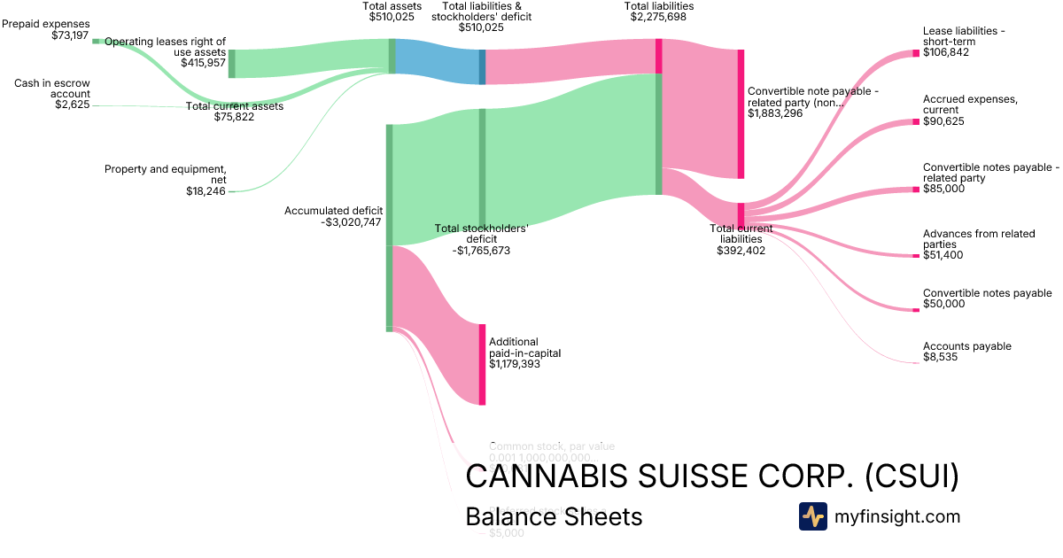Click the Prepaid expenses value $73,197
(x=71, y=35)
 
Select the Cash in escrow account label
(x=51, y=89)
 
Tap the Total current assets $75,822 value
(x=234, y=117)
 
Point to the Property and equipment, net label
(x=166, y=174)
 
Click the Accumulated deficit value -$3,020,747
(x=351, y=222)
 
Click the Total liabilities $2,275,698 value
(x=658, y=18)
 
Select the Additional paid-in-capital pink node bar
(x=482, y=364)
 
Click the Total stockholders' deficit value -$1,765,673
(x=481, y=251)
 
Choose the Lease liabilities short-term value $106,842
(x=946, y=53)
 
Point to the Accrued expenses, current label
(x=970, y=105)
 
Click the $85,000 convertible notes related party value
(x=943, y=189)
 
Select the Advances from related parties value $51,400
(x=944, y=255)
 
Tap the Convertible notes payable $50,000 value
(x=944, y=304)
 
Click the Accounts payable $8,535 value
(x=941, y=357)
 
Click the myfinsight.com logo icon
(x=812, y=516)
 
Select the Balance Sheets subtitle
(x=554, y=516)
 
